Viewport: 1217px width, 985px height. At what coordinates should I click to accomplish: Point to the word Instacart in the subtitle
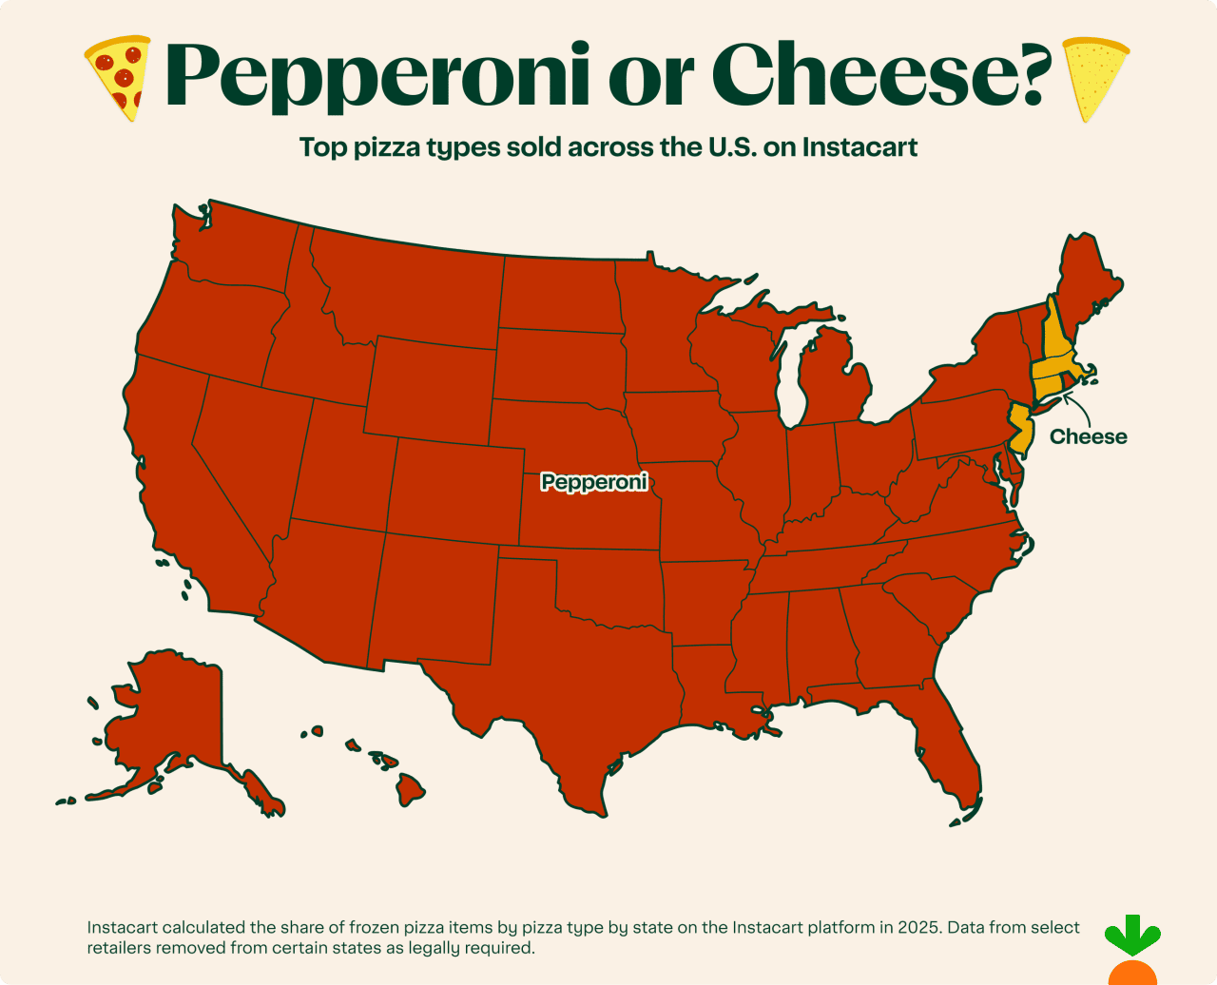point(860,147)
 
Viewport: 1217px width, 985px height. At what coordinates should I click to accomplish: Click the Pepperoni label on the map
point(594,482)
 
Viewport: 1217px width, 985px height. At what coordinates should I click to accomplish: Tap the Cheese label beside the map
point(1088,436)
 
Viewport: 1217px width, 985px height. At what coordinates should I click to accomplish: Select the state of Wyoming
point(430,390)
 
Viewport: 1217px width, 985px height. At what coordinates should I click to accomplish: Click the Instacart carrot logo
point(1131,951)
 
